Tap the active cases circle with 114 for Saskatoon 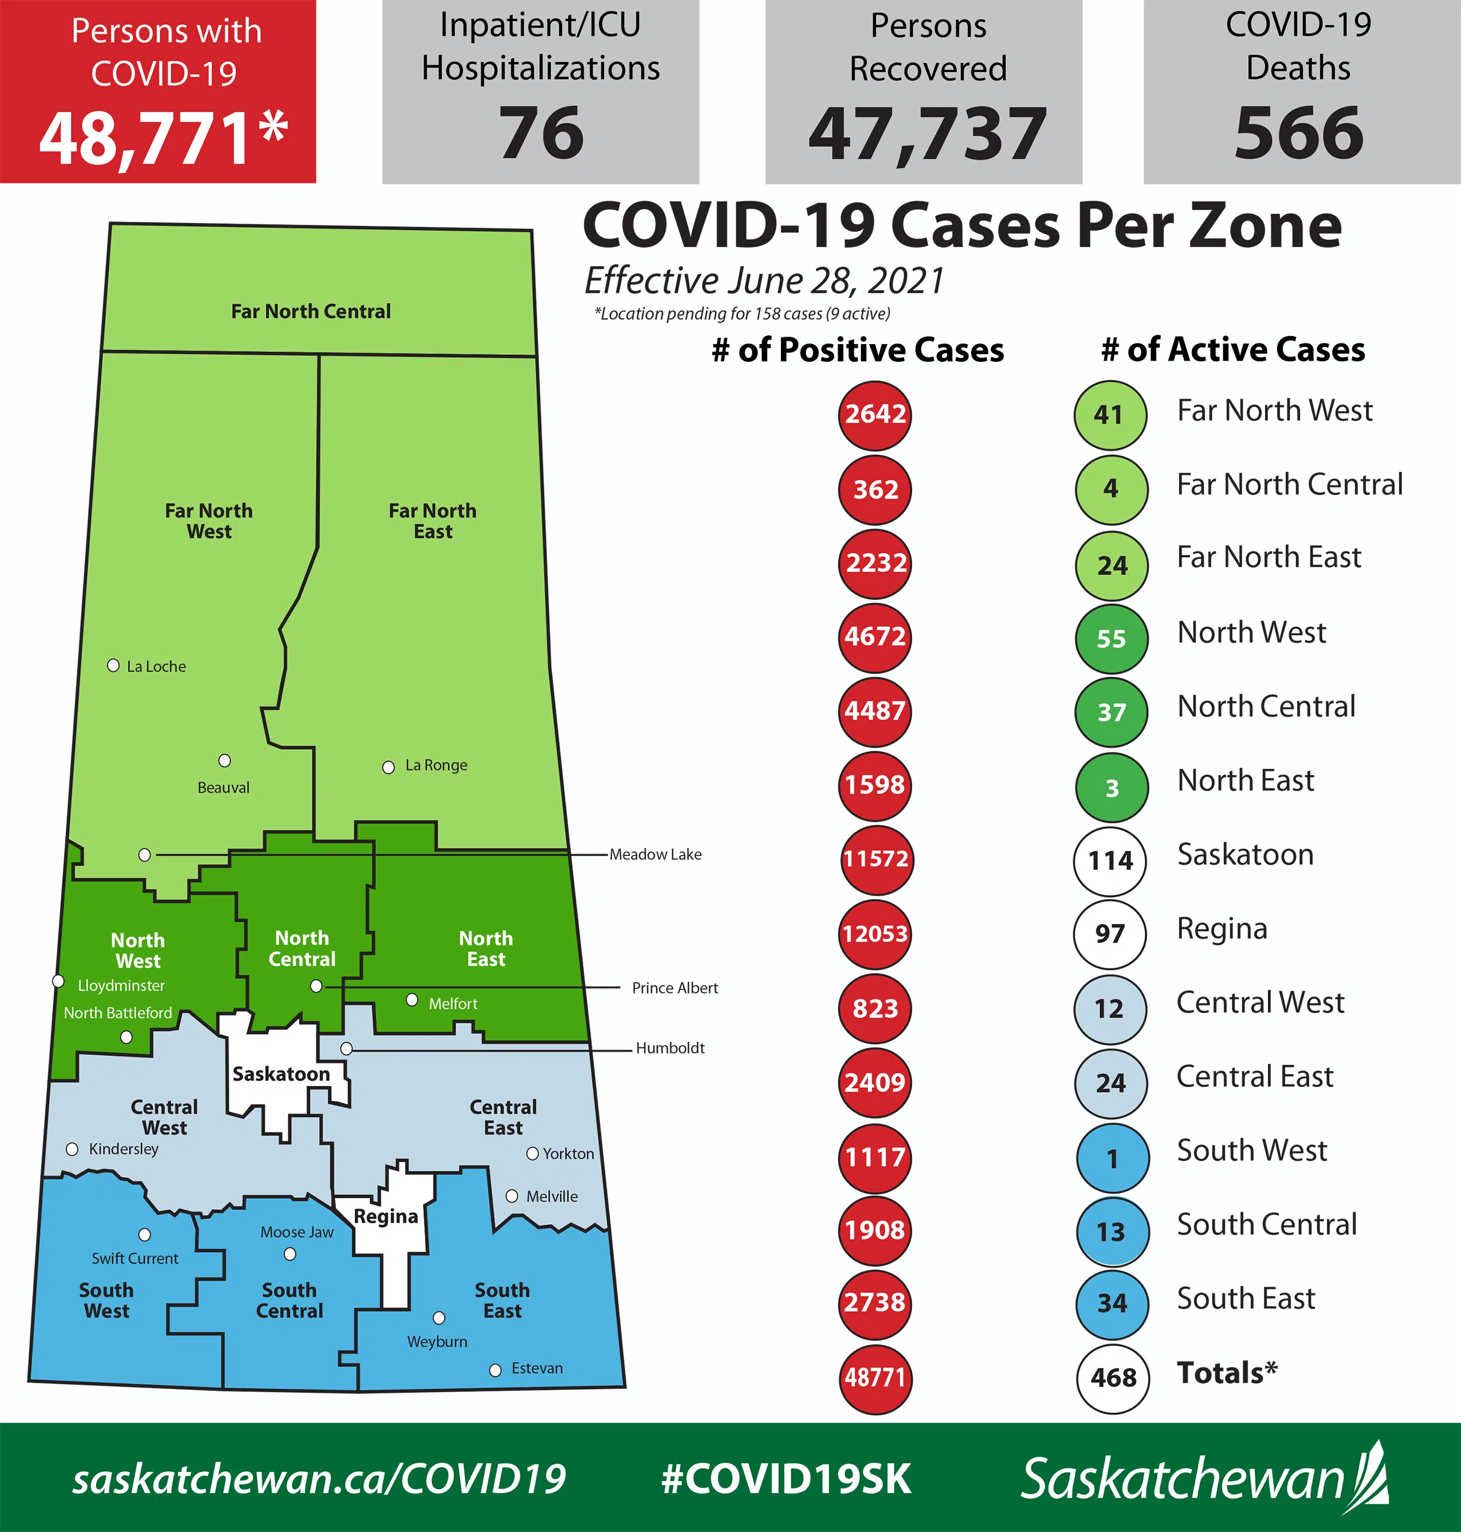coord(1110,860)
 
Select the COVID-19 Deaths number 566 coord(1298,133)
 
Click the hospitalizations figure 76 coord(541,133)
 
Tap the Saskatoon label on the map coord(281,1074)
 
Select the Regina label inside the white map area coord(386,1217)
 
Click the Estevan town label coord(537,1369)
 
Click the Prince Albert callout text coord(674,987)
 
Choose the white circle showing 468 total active coord(1113,1378)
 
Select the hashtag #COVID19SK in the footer coord(786,1478)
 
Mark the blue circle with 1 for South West coord(1112,1158)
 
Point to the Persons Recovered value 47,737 coord(927,135)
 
